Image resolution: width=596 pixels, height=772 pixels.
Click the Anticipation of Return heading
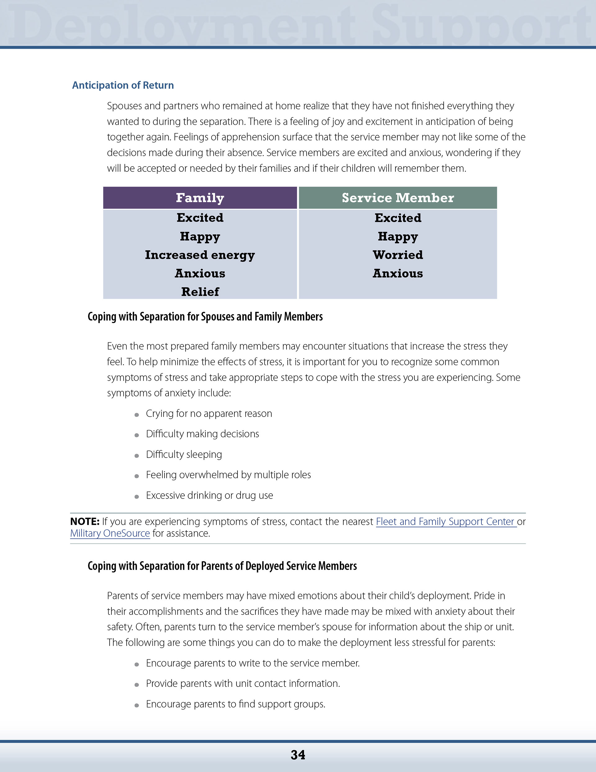pos(123,85)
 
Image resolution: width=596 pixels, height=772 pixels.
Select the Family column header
pos(200,198)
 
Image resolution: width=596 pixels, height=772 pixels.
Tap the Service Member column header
pos(398,198)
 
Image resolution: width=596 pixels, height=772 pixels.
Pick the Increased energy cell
pos(200,255)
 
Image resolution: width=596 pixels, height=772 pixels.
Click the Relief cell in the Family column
pos(200,292)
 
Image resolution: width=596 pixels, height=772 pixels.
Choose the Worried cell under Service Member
pos(398,255)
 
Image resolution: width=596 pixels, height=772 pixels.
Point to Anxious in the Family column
pos(200,273)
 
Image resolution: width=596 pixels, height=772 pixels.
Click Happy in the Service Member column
pos(398,236)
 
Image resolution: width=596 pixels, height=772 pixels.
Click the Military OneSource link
pos(110,533)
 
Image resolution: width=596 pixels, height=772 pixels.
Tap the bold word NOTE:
pos(85,521)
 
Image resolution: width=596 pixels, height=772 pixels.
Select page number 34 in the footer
pos(298,755)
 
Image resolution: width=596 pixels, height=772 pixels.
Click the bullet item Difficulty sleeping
pos(184,454)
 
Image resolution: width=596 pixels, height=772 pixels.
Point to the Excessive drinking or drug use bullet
pos(210,495)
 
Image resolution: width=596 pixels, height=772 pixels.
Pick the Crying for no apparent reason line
pos(209,413)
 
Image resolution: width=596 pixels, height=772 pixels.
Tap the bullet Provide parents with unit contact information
pos(243,683)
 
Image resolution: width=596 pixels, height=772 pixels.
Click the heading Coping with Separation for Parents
pos(222,566)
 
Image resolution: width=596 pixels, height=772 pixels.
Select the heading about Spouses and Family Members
pos(205,316)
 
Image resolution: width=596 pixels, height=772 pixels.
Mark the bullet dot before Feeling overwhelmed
pos(137,476)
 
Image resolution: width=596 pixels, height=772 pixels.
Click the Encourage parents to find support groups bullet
pos(236,704)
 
